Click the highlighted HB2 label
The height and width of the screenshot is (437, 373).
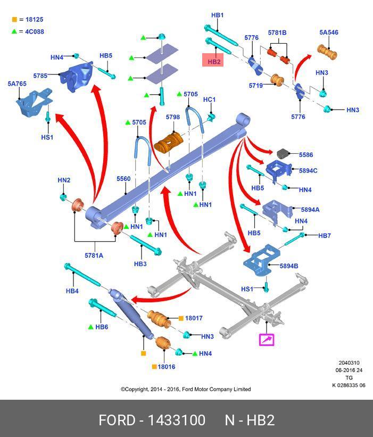(214, 62)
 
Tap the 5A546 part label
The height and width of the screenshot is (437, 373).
(329, 32)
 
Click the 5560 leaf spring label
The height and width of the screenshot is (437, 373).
(123, 179)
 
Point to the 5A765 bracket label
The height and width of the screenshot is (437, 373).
(16, 84)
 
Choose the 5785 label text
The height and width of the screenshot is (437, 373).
(40, 76)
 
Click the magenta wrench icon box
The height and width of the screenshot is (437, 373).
(266, 339)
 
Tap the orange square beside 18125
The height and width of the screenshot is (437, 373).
(14, 20)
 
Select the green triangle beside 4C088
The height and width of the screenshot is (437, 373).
(14, 31)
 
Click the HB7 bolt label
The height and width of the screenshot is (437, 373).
(324, 236)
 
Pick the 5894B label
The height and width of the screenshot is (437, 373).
(289, 266)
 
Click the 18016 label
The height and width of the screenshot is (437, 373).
(166, 367)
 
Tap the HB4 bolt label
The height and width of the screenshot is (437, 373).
(72, 291)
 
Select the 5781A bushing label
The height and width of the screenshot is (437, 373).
(94, 255)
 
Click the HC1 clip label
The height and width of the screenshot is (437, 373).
(209, 100)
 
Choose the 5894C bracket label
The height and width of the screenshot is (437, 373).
(308, 171)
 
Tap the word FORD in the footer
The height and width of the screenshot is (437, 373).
(117, 420)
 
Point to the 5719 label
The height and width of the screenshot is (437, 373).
(256, 86)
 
